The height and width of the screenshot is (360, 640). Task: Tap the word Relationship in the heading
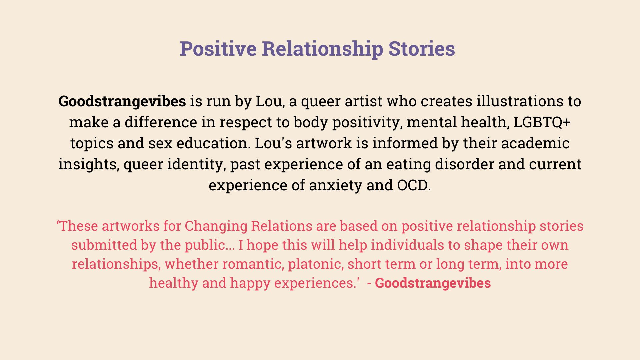(322, 49)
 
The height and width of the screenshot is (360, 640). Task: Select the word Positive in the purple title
(218, 48)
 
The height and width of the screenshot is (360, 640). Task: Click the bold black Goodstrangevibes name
(122, 101)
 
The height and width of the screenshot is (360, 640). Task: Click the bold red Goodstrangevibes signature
(433, 283)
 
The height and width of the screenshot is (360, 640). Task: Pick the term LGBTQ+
(542, 122)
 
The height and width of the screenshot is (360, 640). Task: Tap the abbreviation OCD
(414, 185)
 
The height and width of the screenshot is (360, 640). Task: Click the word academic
(535, 143)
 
